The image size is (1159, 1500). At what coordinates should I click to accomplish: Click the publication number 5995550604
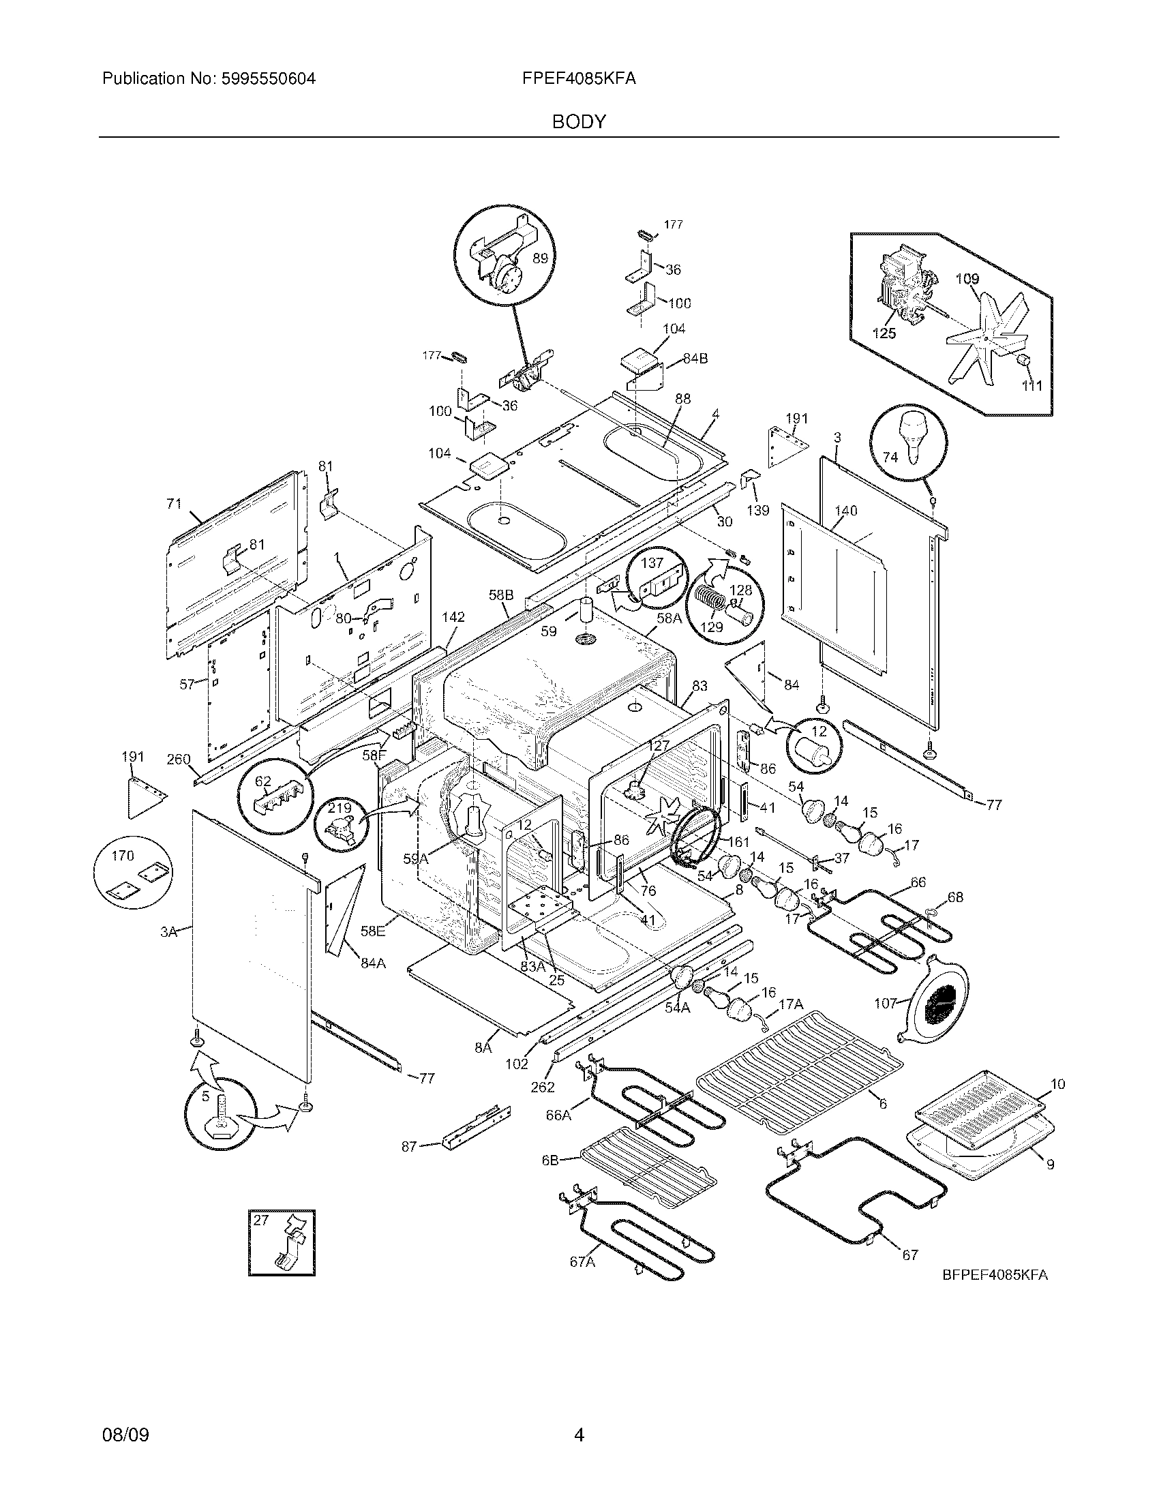click(268, 79)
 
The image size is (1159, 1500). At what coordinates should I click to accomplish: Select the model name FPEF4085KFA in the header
click(579, 79)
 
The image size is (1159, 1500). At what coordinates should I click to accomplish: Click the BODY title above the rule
click(579, 122)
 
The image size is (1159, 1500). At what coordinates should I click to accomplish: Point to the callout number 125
click(884, 333)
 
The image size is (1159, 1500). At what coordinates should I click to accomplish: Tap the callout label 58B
click(500, 595)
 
